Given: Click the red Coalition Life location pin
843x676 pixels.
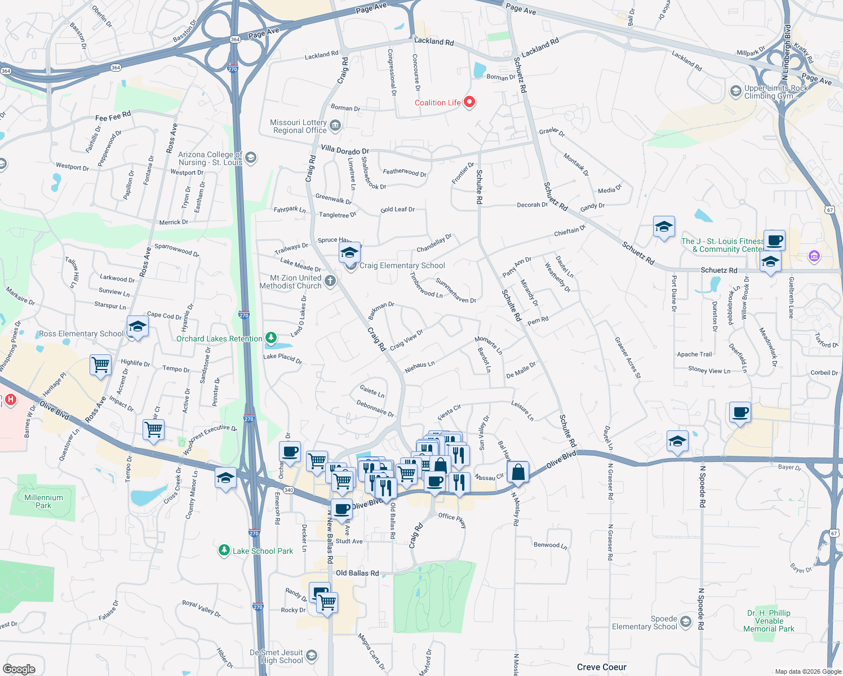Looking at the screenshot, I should [x=469, y=102].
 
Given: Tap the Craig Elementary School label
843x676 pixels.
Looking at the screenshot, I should [x=402, y=265].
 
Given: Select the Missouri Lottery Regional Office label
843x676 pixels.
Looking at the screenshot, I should [x=299, y=126].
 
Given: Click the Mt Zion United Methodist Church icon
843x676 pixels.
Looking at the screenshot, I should [x=331, y=281].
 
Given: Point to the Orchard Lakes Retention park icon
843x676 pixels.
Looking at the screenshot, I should [x=272, y=338].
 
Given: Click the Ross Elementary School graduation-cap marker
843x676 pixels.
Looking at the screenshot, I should [x=137, y=326].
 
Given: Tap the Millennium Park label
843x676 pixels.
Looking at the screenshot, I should [x=43, y=501].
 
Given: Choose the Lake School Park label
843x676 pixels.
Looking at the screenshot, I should [x=263, y=551].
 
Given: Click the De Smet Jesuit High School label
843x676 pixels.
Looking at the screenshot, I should [x=277, y=656].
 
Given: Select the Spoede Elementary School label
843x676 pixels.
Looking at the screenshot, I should [x=645, y=622].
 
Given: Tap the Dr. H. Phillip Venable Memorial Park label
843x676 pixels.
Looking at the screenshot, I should [x=769, y=621].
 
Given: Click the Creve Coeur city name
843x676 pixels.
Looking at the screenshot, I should [x=601, y=667].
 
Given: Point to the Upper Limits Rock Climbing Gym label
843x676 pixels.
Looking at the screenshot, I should [x=775, y=92].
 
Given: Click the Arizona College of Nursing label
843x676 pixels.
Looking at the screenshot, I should [x=210, y=158].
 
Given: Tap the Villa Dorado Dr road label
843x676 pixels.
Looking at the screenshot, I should [x=345, y=150].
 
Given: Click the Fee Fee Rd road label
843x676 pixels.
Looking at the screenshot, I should [x=113, y=117].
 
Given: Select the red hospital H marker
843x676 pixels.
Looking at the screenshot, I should [x=10, y=400].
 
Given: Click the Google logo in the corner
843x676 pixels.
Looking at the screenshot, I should [x=19, y=669].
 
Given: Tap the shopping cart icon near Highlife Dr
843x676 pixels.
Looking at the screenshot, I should [x=100, y=364].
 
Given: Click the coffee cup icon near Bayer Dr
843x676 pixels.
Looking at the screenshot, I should [x=740, y=412].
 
